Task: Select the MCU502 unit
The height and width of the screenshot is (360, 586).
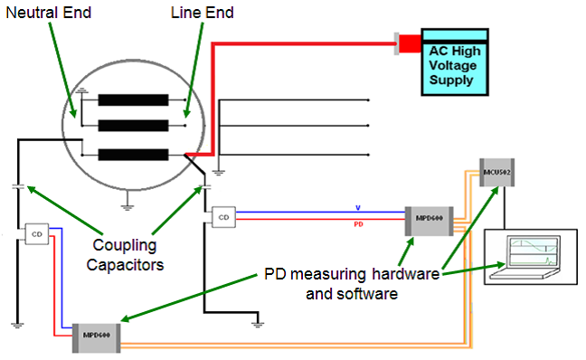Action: (x=496, y=172)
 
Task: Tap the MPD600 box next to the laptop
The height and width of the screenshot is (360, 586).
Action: (x=429, y=218)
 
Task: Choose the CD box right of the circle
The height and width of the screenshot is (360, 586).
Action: (x=223, y=216)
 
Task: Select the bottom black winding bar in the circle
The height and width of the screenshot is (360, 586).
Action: (x=133, y=155)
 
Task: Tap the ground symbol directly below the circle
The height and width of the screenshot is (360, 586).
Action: (x=128, y=205)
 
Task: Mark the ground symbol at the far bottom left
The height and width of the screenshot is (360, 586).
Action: (x=17, y=321)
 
